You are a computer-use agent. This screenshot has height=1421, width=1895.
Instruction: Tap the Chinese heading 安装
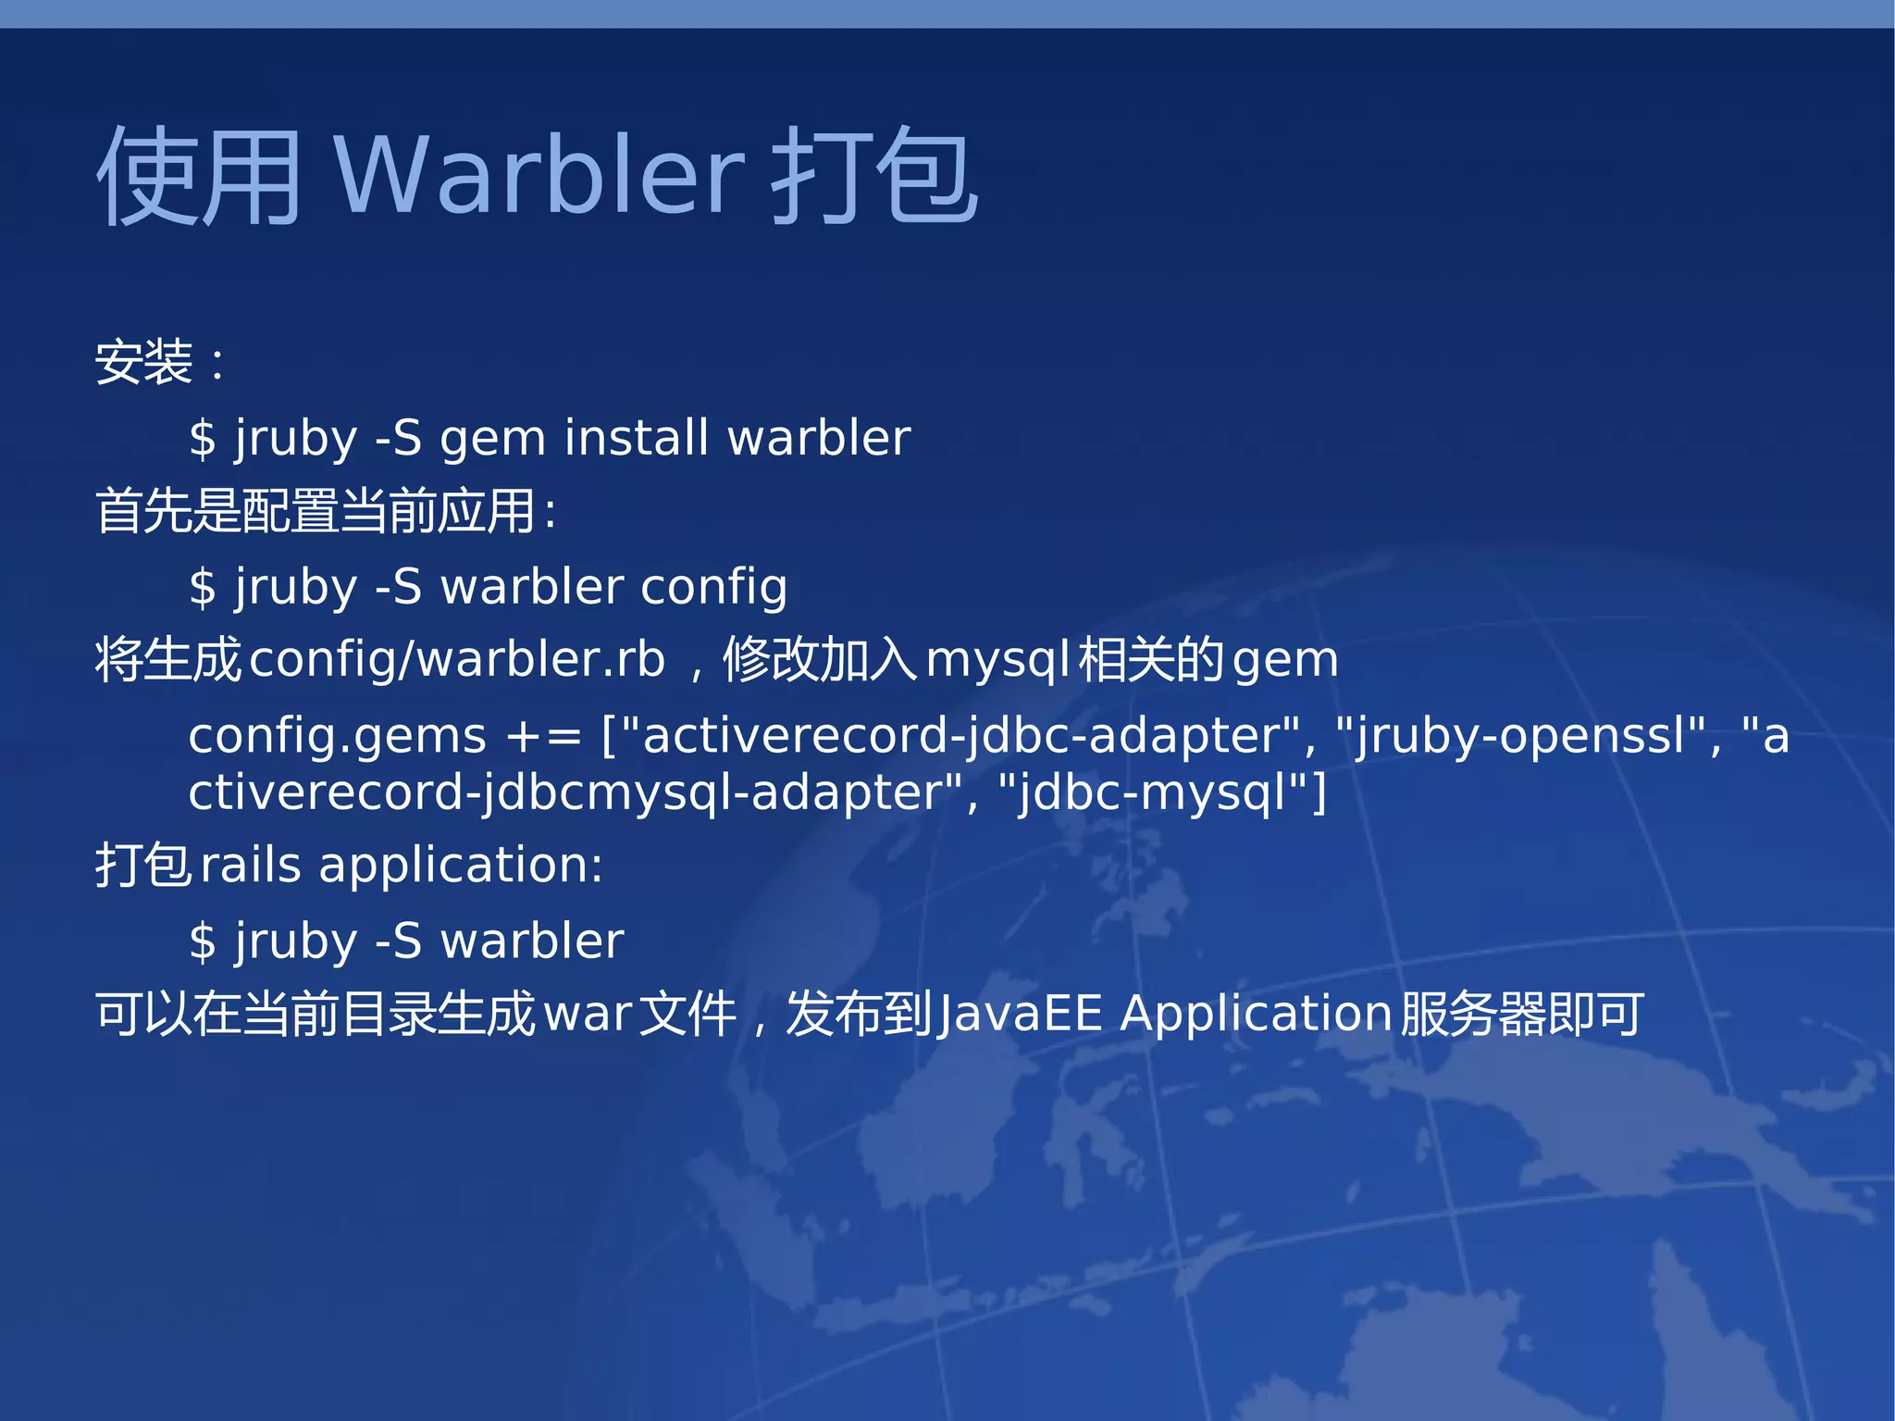tap(144, 362)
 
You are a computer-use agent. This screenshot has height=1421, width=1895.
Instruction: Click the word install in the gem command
tap(637, 438)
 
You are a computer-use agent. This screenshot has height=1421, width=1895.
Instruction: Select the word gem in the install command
tap(492, 440)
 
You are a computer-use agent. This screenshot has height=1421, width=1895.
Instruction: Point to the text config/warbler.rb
tap(457, 660)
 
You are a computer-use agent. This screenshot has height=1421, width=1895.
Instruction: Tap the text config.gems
tap(337, 737)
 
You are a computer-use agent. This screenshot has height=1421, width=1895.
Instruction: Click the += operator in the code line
tap(543, 738)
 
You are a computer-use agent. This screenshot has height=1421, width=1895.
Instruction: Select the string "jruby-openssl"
tap(1527, 737)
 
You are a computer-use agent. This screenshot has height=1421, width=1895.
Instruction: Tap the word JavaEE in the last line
tap(1019, 1014)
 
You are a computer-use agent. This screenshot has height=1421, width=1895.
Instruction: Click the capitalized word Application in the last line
tap(1257, 1015)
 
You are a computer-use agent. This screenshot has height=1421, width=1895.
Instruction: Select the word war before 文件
tap(588, 1015)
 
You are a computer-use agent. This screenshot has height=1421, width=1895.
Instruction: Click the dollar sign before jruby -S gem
tap(202, 439)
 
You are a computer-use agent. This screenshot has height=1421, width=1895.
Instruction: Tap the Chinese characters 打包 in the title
tap(874, 176)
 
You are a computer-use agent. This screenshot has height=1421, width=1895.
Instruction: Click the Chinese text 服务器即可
tap(1522, 1015)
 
